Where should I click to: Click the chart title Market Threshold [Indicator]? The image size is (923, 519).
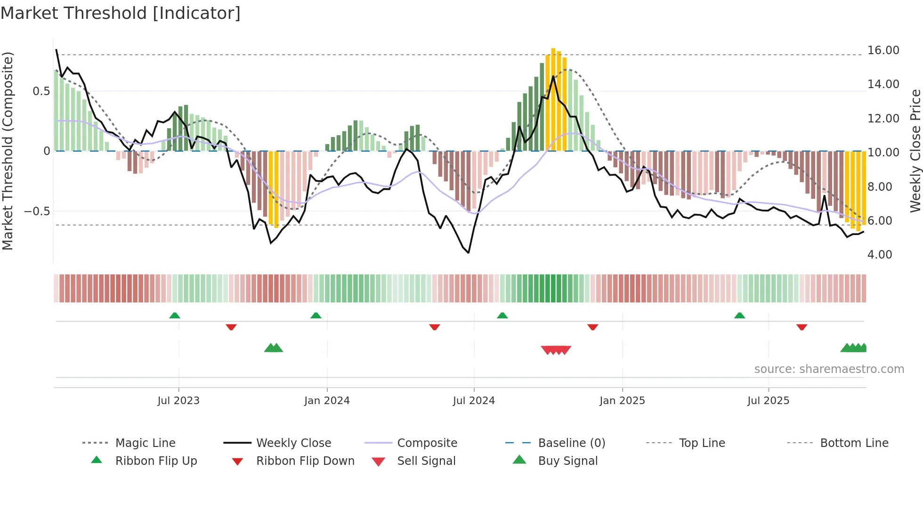point(121,13)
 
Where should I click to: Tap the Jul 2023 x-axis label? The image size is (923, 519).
point(178,401)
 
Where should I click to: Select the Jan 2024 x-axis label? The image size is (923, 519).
point(327,401)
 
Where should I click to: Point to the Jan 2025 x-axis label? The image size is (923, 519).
point(622,401)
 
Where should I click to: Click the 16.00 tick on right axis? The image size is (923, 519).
point(883,50)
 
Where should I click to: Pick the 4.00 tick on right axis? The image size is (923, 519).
point(880,255)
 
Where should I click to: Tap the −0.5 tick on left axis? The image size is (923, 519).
point(37,211)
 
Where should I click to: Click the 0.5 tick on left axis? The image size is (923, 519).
point(41,91)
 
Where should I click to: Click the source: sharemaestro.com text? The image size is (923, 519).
point(829,369)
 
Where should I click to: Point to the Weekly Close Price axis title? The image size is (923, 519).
point(915,151)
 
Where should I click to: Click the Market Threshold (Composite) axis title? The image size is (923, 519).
point(8,151)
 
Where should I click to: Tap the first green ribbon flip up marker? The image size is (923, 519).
point(175,315)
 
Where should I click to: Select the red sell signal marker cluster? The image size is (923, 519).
point(556,350)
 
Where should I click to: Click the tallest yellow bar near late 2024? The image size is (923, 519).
point(553,99)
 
